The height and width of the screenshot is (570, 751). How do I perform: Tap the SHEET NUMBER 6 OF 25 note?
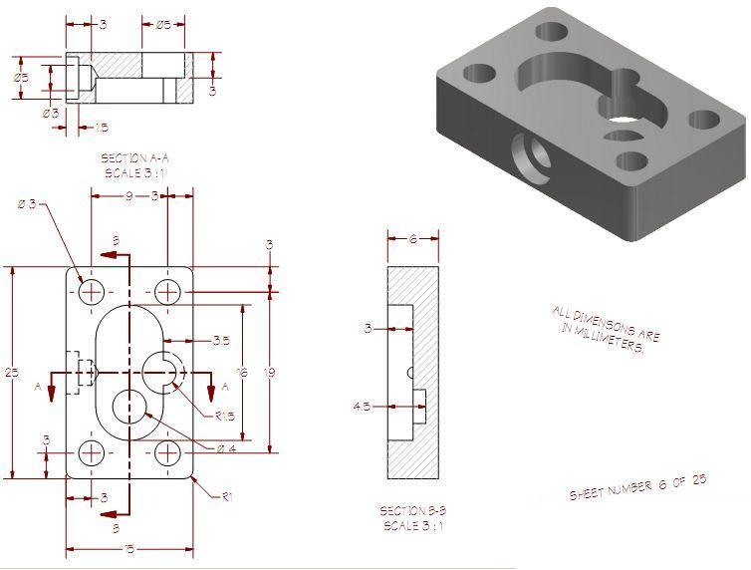click(x=637, y=487)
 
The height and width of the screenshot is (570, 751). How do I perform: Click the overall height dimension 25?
click(x=11, y=372)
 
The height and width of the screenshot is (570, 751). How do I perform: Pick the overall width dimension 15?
click(x=128, y=548)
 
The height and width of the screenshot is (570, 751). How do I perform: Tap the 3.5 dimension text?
click(x=221, y=340)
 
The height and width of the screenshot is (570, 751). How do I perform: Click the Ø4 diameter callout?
click(x=227, y=448)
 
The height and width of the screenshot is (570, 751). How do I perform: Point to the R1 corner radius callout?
click(x=227, y=494)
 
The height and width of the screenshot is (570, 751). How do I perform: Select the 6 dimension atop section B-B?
click(x=412, y=238)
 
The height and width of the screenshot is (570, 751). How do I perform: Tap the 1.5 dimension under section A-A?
click(x=101, y=127)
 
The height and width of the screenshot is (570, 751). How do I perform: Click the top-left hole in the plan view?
click(x=93, y=291)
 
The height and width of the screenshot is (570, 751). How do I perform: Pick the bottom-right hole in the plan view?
click(x=167, y=453)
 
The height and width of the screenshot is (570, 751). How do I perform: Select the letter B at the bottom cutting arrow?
click(x=117, y=527)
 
